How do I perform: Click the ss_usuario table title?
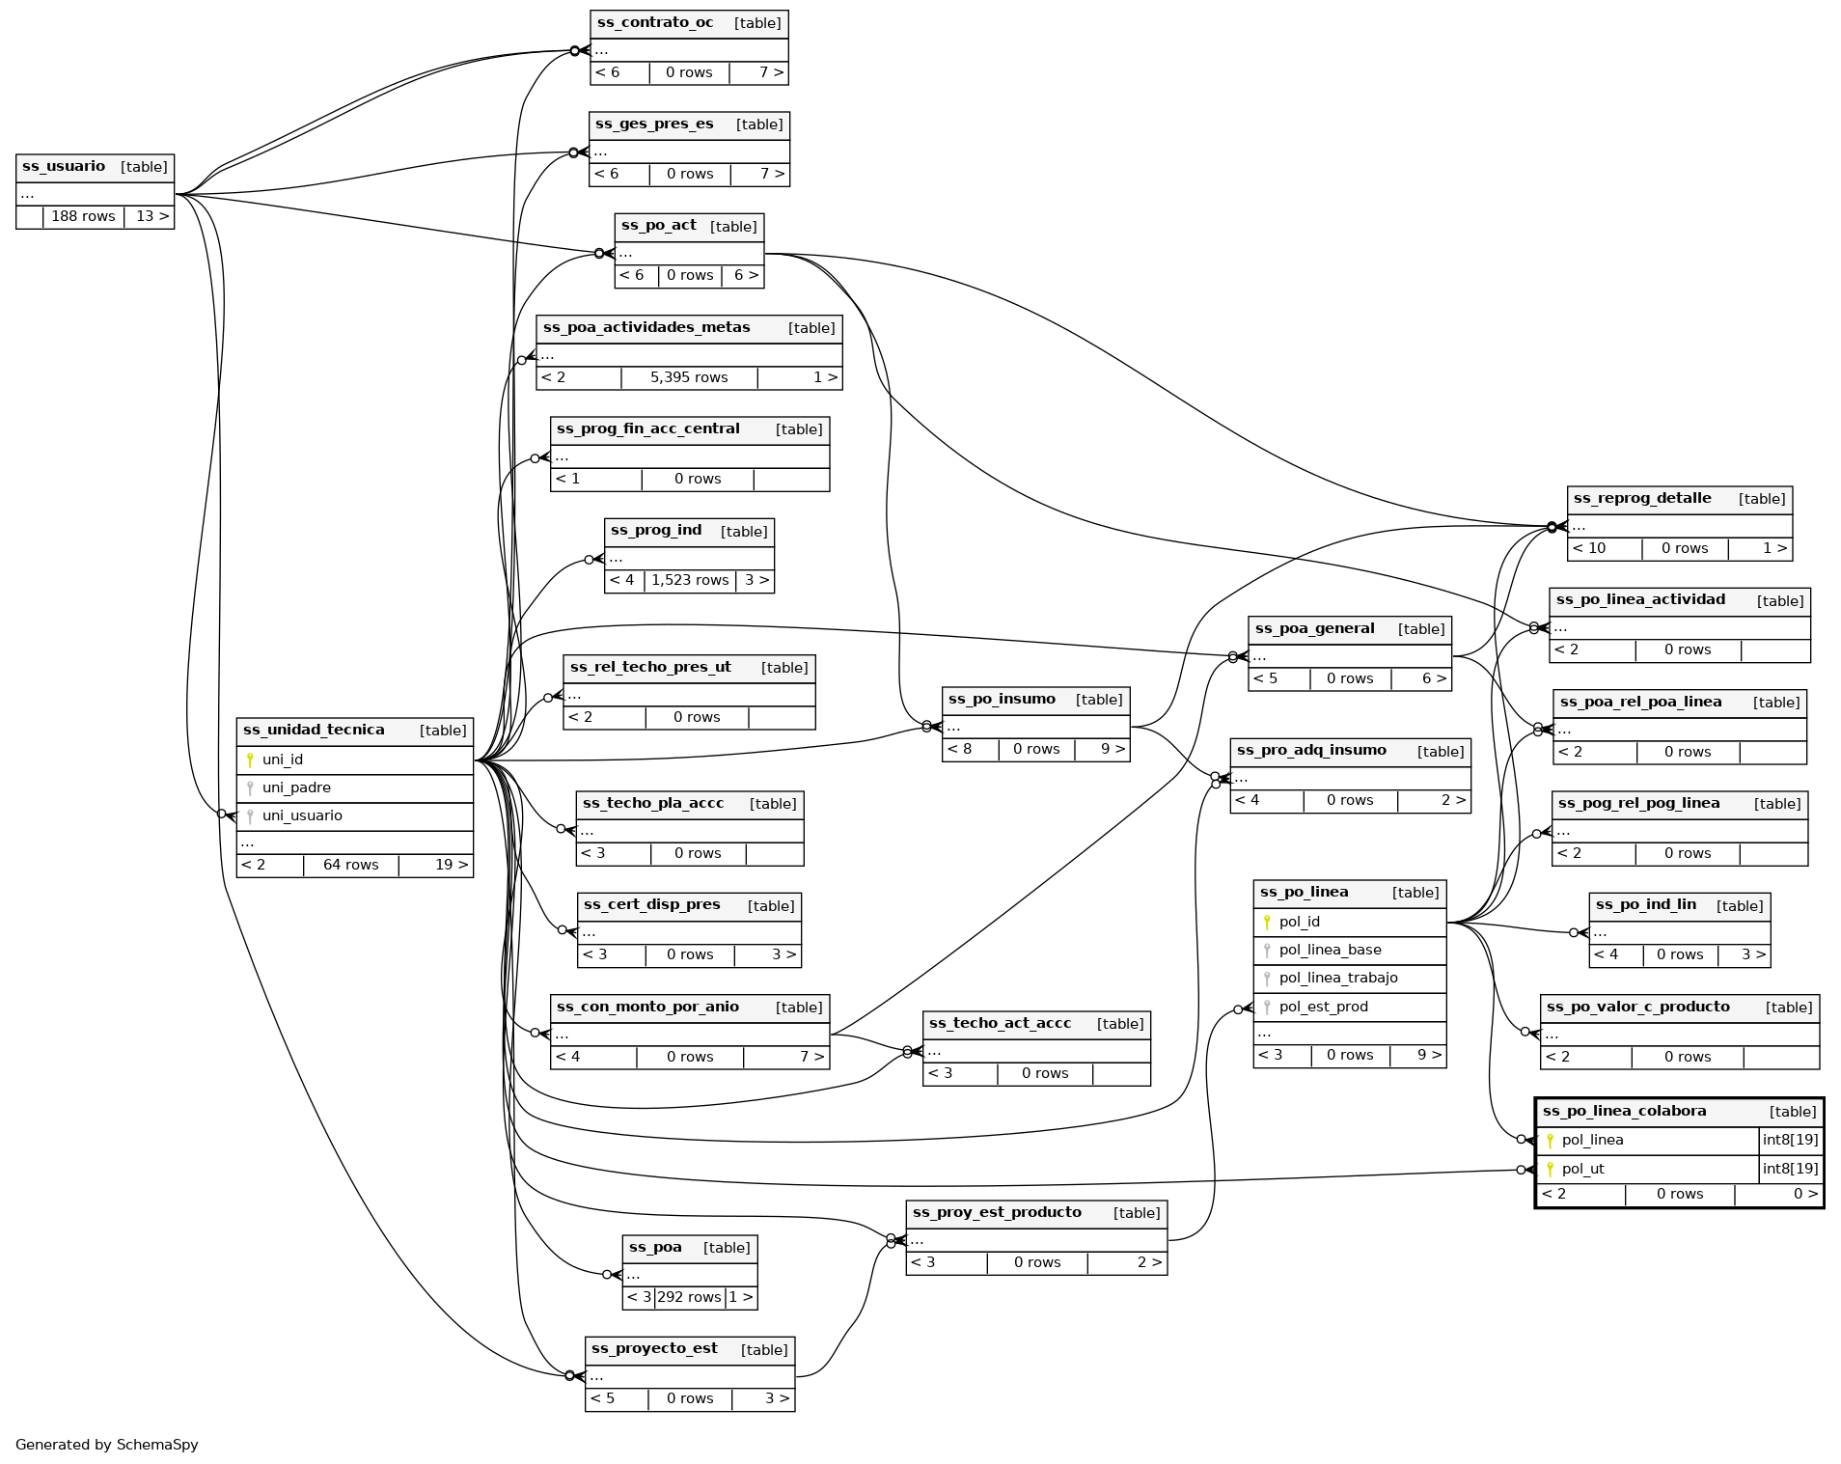coord(64,167)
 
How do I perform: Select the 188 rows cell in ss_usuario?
coord(83,216)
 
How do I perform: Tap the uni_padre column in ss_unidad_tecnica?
coord(296,787)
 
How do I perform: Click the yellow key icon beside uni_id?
coord(250,760)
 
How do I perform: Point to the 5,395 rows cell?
coord(689,377)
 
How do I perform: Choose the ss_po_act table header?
coord(659,226)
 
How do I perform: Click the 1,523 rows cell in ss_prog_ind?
coord(690,580)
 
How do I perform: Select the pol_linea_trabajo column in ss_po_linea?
coord(1338,978)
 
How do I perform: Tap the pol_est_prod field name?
coord(1323,1007)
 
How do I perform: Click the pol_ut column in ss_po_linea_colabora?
coord(1582,1169)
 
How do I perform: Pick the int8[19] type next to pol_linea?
coord(1790,1140)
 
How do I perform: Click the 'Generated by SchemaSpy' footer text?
coord(107,1445)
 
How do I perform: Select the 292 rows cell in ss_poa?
coord(689,1297)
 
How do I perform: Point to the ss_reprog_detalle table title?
coord(1642,499)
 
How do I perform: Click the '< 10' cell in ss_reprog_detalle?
coord(1589,548)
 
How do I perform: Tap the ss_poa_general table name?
coord(1314,629)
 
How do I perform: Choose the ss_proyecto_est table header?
coord(654,1349)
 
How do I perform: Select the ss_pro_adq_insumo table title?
coord(1311,751)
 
